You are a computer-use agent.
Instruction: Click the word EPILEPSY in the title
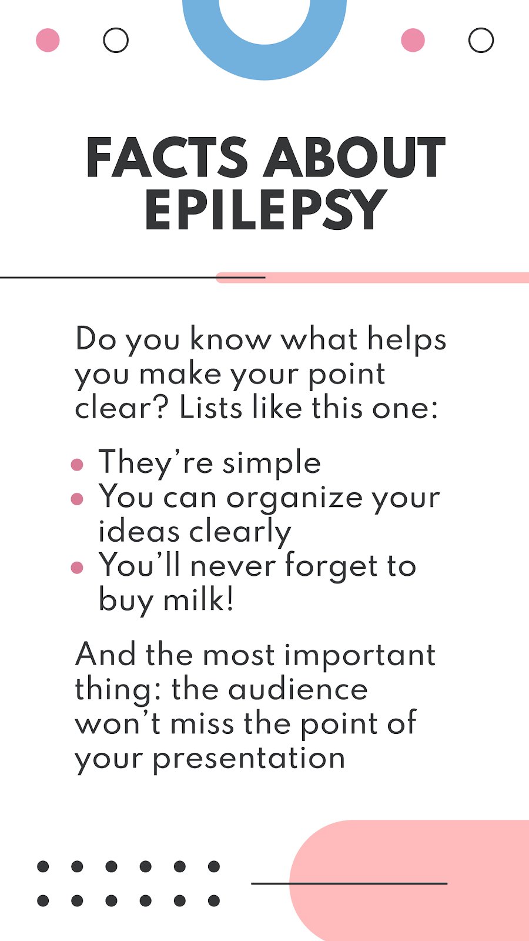coord(266,209)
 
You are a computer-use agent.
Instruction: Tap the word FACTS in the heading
coord(167,157)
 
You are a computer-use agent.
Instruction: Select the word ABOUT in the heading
coord(354,157)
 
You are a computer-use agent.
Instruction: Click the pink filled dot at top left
coord(48,41)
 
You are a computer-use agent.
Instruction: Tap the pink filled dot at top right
coord(413,41)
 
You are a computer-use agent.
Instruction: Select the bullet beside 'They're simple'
coord(77,465)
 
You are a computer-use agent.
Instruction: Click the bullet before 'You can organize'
coord(77,499)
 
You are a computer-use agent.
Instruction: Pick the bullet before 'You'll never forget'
coord(77,568)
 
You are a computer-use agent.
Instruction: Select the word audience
coord(297,690)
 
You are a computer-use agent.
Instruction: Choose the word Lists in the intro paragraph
coord(211,408)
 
